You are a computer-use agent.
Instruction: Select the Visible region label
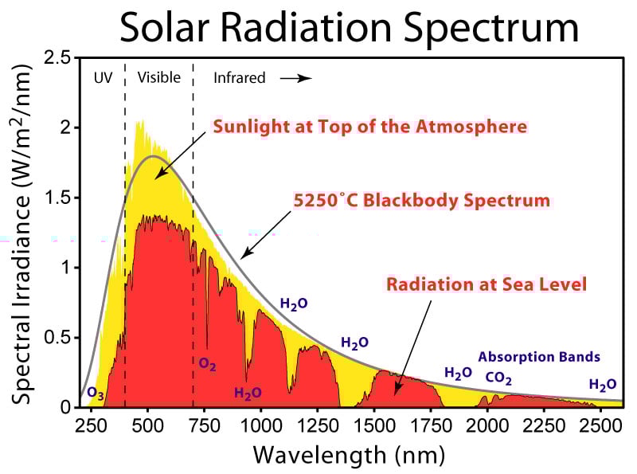[159, 78]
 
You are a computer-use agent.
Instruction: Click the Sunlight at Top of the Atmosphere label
[369, 127]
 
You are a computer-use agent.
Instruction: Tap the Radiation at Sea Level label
[487, 284]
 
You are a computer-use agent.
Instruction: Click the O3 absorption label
[95, 394]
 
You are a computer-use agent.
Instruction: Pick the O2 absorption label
[208, 366]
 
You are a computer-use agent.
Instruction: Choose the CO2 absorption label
[498, 378]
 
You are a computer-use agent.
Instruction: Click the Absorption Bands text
[539, 357]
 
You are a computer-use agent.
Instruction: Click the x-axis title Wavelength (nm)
[349, 455]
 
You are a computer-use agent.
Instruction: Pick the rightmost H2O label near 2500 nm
[602, 385]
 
